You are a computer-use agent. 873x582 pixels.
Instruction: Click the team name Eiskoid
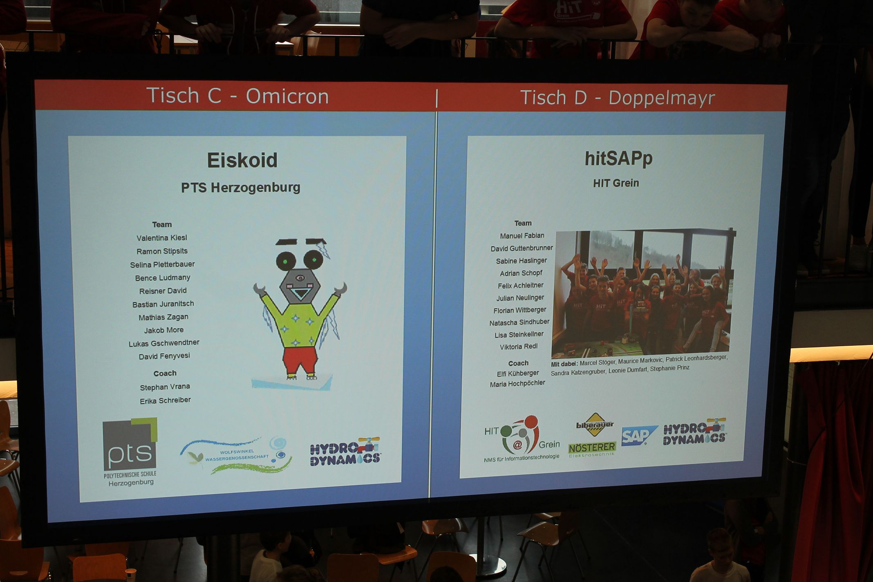[x=242, y=160]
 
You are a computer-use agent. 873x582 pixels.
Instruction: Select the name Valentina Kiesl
[x=162, y=238]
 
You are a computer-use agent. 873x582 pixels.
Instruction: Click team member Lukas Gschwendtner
[x=164, y=343]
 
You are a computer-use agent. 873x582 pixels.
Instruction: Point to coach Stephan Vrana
[x=165, y=387]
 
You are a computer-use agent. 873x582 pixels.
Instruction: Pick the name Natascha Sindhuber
[x=519, y=322]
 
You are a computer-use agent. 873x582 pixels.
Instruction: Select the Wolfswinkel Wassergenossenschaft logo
[x=236, y=455]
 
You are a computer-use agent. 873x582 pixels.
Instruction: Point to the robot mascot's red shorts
[x=300, y=360]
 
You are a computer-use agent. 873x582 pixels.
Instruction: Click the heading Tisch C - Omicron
[x=237, y=96]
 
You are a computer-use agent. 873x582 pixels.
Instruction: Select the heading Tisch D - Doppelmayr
[x=617, y=98]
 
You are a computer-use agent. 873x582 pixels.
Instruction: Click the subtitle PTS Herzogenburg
[x=241, y=188]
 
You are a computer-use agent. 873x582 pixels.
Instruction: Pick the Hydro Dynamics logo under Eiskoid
[x=345, y=452]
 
